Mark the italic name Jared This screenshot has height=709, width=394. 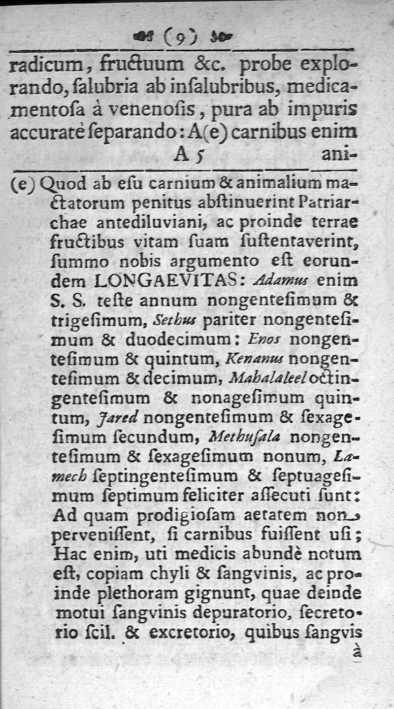coord(120,418)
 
